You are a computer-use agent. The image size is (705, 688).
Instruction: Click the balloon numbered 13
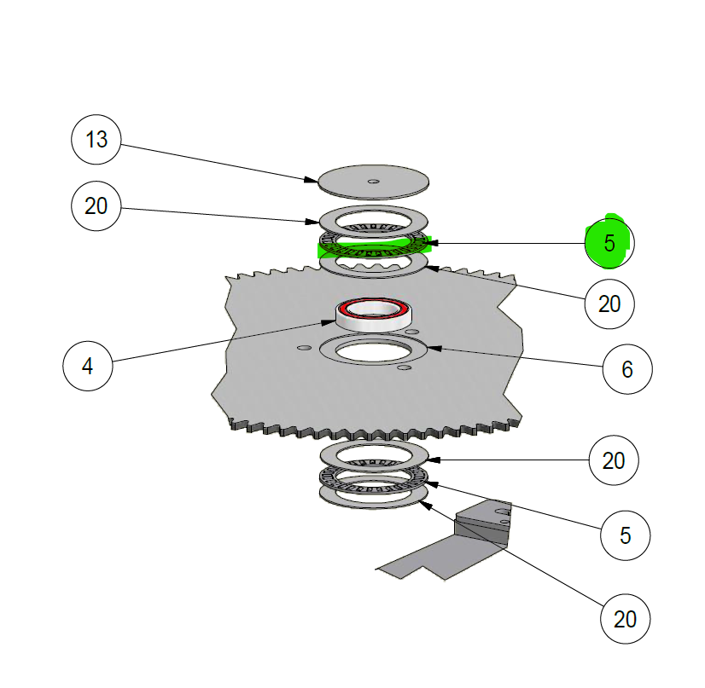(96, 140)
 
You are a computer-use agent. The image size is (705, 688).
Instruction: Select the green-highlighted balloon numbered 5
(609, 243)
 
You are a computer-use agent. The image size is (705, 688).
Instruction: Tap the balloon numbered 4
(88, 366)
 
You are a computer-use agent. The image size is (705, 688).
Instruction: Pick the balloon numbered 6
(627, 369)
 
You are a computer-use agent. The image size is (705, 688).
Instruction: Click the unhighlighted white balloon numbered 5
(625, 535)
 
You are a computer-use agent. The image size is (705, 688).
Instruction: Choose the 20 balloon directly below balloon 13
(96, 206)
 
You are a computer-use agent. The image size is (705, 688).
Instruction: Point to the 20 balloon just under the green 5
(609, 304)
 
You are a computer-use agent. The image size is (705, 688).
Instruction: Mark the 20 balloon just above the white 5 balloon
(614, 460)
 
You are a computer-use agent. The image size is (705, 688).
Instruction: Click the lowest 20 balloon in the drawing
(625, 619)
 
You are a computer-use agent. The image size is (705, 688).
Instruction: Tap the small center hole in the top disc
(373, 182)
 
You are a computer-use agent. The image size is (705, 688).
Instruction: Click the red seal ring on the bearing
(374, 309)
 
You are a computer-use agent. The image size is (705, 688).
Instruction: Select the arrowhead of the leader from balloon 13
(312, 180)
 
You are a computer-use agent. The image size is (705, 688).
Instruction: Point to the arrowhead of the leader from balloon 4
(329, 322)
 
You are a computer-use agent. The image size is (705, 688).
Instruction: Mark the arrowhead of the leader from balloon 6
(434, 348)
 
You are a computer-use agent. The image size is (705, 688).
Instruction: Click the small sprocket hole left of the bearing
(305, 348)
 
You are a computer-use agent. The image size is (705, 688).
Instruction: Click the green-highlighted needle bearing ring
(374, 245)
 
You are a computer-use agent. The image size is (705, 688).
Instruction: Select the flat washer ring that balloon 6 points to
(373, 350)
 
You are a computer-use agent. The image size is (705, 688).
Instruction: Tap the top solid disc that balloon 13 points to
(373, 182)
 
